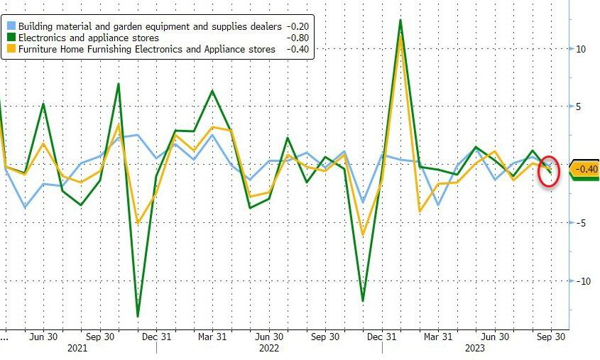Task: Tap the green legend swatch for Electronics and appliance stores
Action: pyautogui.click(x=10, y=37)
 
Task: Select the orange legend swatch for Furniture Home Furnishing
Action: pyautogui.click(x=10, y=49)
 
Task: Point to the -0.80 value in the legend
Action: pyautogui.click(x=297, y=37)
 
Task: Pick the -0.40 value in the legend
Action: pyautogui.click(x=297, y=49)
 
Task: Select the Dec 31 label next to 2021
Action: pyautogui.click(x=156, y=337)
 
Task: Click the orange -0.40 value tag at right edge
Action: pyautogui.click(x=587, y=169)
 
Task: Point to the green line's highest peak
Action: pyautogui.click(x=400, y=20)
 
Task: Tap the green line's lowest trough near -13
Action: pyautogui.click(x=138, y=316)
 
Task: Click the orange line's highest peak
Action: pyautogui.click(x=400, y=36)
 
